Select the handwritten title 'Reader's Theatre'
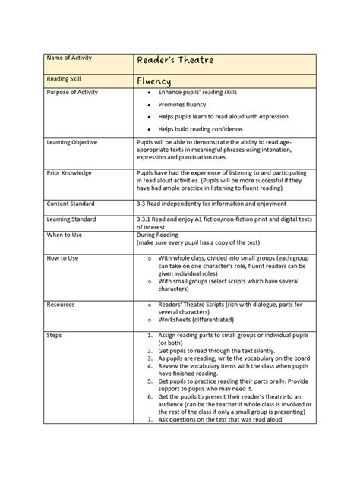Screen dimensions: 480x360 click(175, 62)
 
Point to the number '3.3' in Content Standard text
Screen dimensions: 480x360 click(142, 204)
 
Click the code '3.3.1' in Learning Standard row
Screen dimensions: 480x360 click(144, 218)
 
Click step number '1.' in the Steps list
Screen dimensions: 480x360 click(150, 334)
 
